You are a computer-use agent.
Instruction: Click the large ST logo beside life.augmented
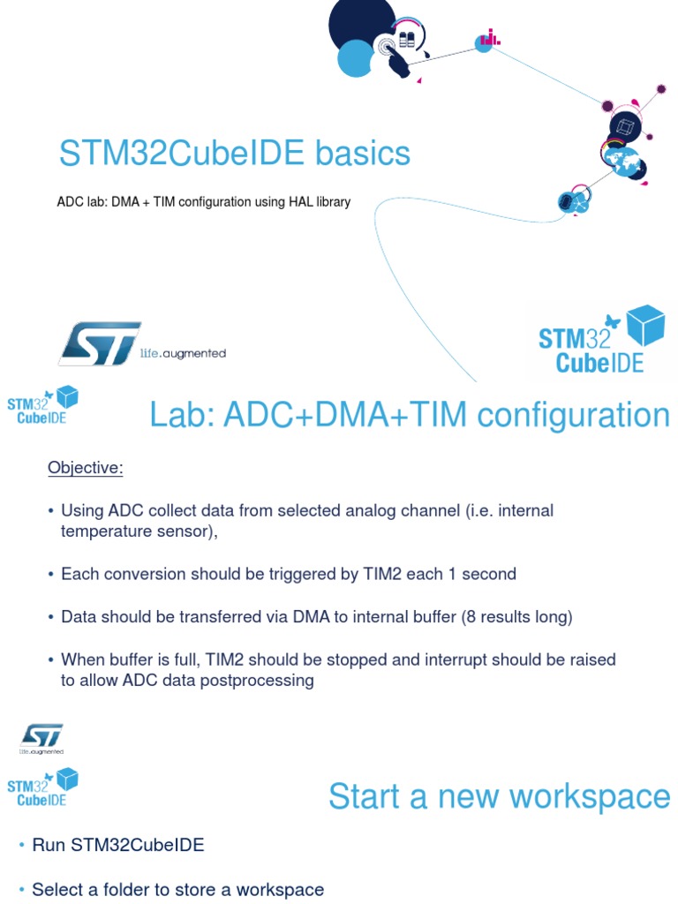point(99,343)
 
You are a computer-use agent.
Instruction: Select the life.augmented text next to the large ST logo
point(183,354)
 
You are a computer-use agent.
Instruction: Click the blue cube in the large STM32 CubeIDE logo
point(645,325)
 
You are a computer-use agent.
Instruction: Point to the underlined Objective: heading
point(86,468)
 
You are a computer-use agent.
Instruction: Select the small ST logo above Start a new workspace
point(41,736)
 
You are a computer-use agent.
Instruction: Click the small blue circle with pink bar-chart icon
point(485,41)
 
